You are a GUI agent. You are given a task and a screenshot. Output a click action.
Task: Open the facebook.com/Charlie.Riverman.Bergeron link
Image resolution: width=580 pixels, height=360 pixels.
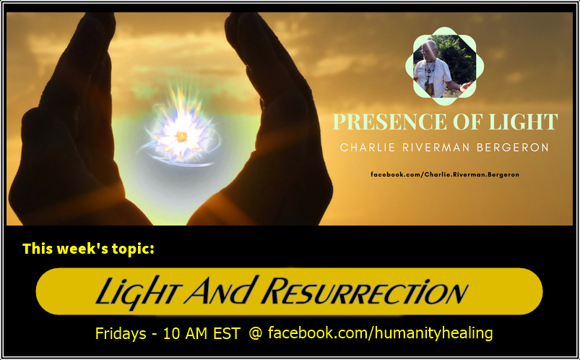point(444,174)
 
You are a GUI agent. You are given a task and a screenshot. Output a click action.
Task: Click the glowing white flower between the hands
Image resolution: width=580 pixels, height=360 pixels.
point(181,134)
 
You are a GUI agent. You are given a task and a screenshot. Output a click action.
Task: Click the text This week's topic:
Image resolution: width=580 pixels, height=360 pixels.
point(89,249)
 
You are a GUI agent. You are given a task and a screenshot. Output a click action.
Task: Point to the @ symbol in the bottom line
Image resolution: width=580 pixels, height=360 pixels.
point(255,334)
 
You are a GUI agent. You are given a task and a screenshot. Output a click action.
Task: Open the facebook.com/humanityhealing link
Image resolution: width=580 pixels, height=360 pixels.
point(380,333)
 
